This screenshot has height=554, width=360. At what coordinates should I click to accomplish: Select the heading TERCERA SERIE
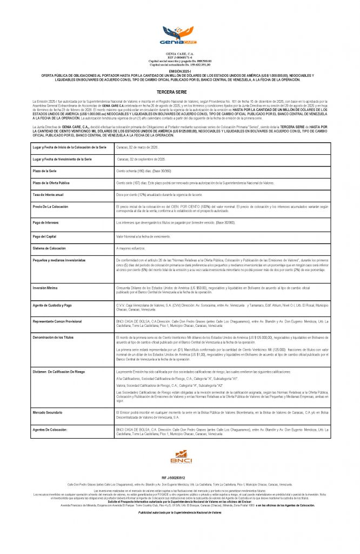click(180, 93)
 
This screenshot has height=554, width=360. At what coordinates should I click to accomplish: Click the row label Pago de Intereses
click(47, 223)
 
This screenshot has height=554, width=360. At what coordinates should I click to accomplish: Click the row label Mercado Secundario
click(49, 413)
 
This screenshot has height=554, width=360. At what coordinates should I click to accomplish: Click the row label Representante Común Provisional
click(57, 321)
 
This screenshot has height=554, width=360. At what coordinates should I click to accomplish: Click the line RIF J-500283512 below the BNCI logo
click(180, 478)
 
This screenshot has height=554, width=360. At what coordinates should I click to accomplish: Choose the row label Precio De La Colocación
click(50, 207)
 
